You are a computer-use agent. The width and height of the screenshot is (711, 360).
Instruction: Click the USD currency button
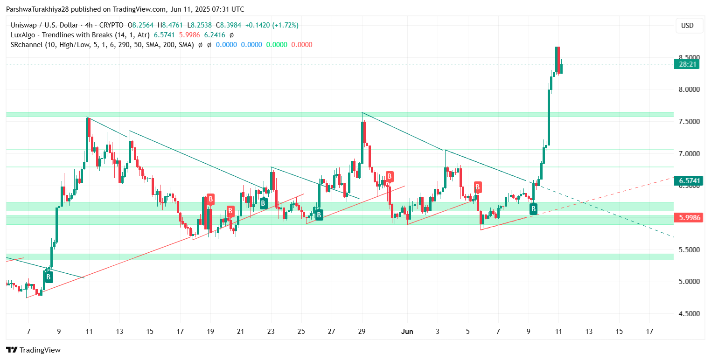point(687,26)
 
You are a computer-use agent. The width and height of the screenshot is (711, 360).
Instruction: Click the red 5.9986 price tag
point(688,217)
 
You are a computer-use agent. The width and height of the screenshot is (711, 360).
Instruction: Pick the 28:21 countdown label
point(686,64)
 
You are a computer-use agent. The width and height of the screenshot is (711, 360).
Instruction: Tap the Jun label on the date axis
point(407,332)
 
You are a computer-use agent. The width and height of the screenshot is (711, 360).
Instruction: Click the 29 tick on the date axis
point(362,332)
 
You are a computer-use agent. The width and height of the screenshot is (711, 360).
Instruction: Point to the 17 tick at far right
point(649,332)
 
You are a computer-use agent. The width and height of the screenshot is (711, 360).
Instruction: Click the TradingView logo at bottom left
point(33,350)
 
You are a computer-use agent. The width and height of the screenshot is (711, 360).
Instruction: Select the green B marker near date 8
point(48,277)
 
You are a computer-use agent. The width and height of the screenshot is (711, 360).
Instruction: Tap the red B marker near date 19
point(210,199)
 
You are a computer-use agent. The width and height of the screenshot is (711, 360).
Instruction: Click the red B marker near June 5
point(478,187)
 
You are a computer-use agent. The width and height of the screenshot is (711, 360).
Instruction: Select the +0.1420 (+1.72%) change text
point(273,25)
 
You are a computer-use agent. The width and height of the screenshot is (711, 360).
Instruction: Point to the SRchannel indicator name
point(28,45)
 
